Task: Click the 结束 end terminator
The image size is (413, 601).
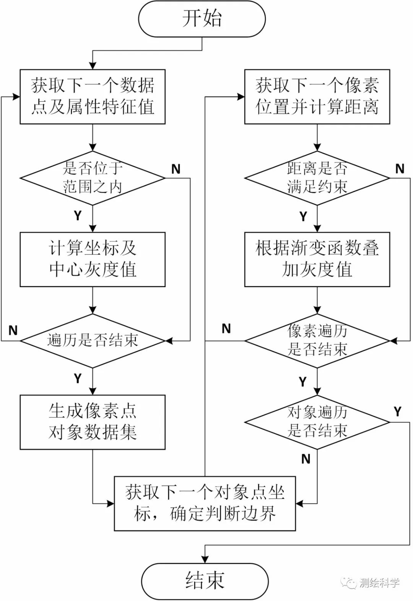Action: click(205, 581)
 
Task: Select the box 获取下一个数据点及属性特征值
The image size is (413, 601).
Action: click(93, 97)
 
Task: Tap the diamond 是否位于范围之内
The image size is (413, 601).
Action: click(93, 178)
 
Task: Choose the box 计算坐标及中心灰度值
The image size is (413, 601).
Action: click(93, 259)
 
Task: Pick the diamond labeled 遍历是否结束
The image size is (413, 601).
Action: click(93, 341)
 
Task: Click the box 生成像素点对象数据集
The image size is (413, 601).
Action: click(93, 422)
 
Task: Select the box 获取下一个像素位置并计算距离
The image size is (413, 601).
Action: click(317, 97)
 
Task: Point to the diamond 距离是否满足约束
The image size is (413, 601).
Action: click(317, 178)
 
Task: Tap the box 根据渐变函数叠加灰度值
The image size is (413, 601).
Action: click(317, 259)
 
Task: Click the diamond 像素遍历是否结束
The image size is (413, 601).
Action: click(317, 341)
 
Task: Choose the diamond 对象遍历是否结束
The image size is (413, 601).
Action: click(317, 422)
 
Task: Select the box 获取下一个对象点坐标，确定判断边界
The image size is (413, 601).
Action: click(205, 503)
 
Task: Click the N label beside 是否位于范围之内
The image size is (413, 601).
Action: click(176, 169)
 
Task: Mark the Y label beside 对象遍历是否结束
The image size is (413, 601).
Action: click(398, 412)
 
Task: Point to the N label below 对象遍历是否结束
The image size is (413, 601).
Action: click(306, 459)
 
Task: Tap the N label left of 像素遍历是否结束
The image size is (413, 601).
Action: click(226, 328)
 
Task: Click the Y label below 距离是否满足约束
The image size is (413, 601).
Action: click(303, 216)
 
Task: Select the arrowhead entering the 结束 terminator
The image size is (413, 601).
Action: click(205, 560)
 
